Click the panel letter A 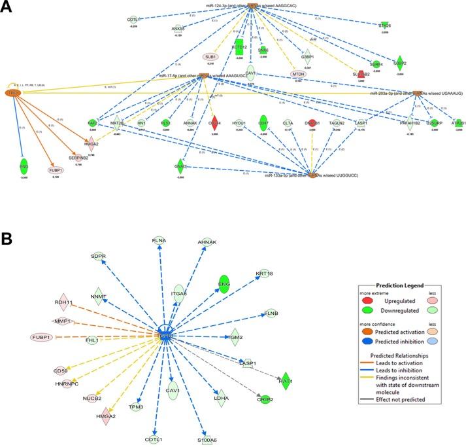coord(8,11)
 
